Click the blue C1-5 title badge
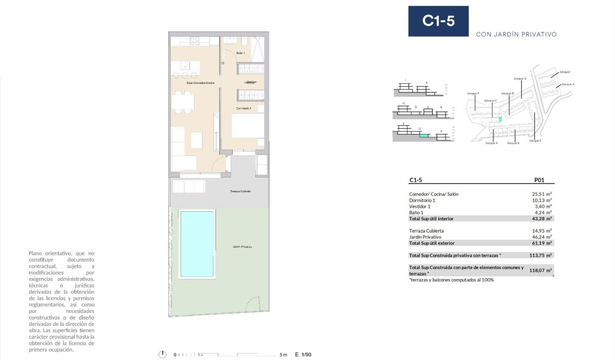pos(438,21)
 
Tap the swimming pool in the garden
pos(196,243)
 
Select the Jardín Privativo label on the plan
pos(242,247)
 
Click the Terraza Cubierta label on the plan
pos(240,191)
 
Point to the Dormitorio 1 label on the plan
pos(244,108)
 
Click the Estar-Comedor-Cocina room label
pos(200,83)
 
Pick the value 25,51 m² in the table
pos(542,194)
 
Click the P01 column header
pos(539,181)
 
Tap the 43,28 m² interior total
pos(542,218)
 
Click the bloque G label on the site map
pos(520,78)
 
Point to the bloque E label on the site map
pos(535,141)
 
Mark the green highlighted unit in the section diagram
pos(423,135)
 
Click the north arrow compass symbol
pos(163,354)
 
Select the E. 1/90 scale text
pos(303,355)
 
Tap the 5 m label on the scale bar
pos(283,355)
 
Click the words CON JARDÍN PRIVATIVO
pos(516,34)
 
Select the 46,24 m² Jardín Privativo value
pos(542,237)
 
